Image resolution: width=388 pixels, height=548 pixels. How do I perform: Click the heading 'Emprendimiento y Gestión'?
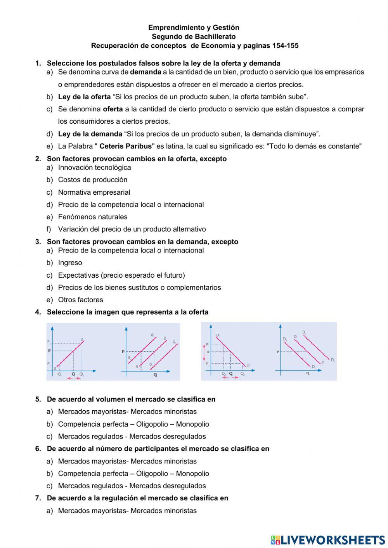click(x=194, y=28)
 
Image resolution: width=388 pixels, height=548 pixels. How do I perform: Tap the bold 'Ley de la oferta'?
click(x=84, y=97)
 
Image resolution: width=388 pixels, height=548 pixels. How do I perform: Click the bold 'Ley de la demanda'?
click(x=90, y=134)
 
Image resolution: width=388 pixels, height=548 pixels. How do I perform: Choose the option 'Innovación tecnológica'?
click(x=94, y=168)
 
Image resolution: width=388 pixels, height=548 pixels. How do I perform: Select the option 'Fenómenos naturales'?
click(x=93, y=217)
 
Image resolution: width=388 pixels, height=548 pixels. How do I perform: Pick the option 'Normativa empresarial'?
click(x=94, y=192)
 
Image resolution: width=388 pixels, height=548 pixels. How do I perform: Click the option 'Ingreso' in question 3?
click(x=70, y=263)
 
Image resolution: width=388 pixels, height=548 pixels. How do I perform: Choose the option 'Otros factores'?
click(x=80, y=300)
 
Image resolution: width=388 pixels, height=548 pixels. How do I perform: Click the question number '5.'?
click(x=38, y=399)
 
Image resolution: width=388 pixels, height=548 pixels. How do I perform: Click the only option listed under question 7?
click(x=127, y=510)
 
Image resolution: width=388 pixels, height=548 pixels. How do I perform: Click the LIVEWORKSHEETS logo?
click(x=328, y=539)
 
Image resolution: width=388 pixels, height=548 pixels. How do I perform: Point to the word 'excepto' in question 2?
click(x=213, y=159)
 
